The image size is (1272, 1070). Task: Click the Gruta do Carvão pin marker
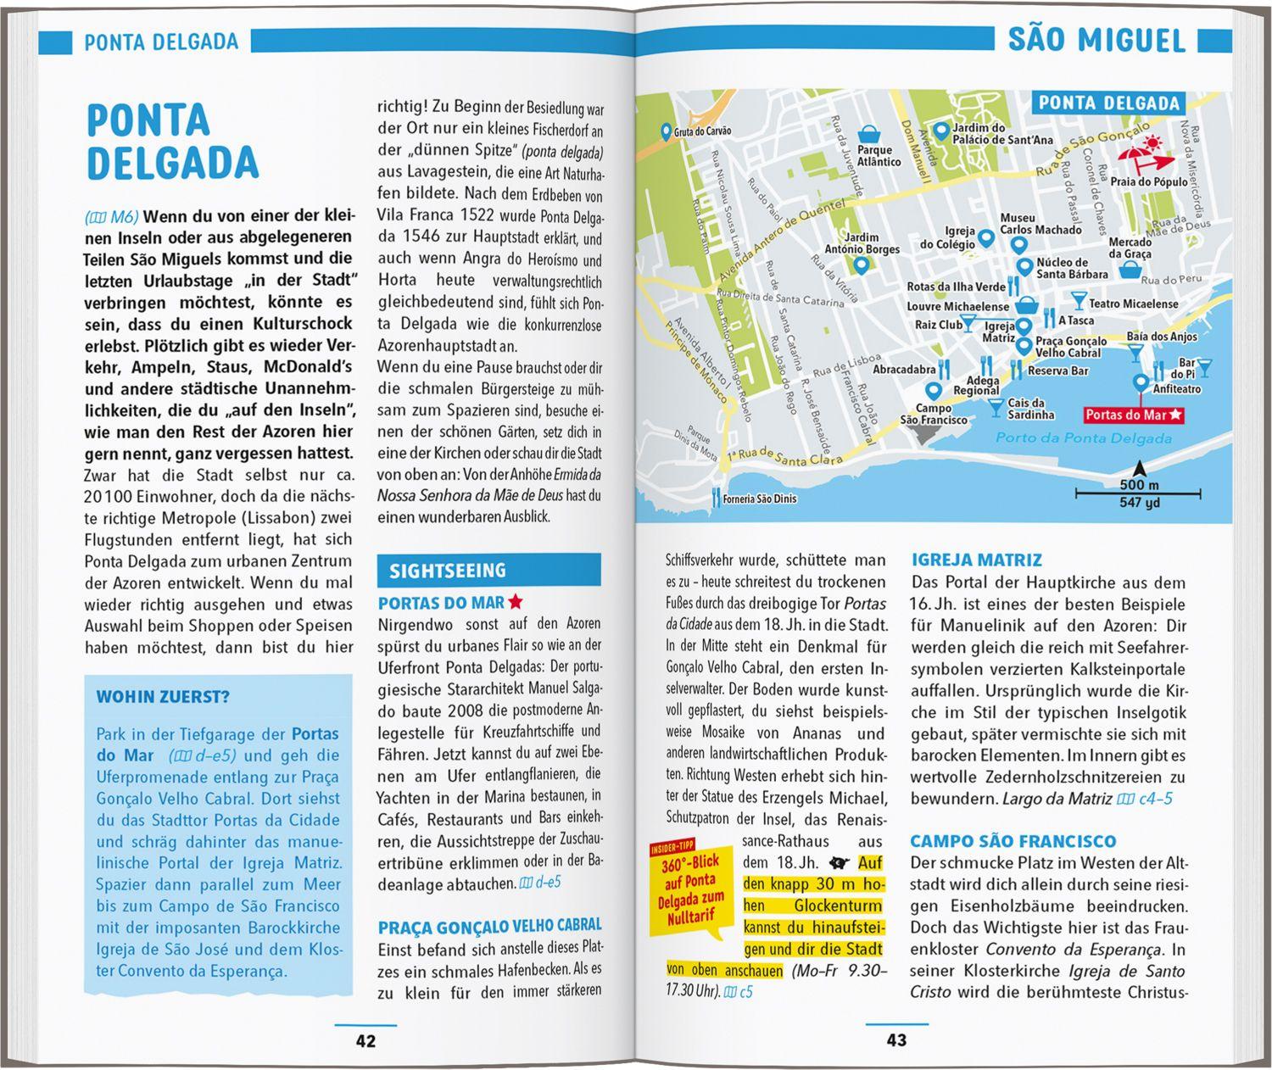[x=666, y=131]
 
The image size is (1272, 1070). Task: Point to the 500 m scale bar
[x=1139, y=491]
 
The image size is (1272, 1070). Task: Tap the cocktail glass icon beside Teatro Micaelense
[x=1078, y=299]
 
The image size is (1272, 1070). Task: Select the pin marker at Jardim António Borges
[x=862, y=265]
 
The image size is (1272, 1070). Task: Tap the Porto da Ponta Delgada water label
[x=1083, y=437]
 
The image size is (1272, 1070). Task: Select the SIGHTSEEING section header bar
[x=488, y=571]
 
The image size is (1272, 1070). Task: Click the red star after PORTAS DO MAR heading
[x=516, y=602]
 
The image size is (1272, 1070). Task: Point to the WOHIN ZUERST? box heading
[x=163, y=697]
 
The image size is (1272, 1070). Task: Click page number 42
[x=365, y=1040]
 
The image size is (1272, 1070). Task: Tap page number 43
[x=896, y=1040]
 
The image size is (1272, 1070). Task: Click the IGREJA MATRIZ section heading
[x=976, y=560]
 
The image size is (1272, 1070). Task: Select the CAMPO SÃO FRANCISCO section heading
[x=1013, y=841]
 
